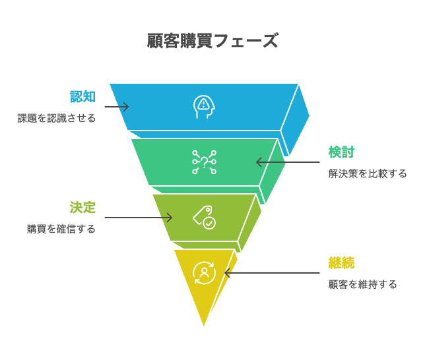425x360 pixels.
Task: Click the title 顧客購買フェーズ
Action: point(212,41)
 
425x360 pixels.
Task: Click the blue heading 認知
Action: point(83,97)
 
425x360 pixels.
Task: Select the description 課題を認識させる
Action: point(57,119)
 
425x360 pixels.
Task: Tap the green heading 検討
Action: point(341,152)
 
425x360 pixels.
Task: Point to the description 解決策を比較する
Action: point(368,174)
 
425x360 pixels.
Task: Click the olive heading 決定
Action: point(83,208)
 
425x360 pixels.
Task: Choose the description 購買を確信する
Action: point(61,229)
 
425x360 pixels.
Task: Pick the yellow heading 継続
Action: point(341,262)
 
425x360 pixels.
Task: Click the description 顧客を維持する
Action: point(363,285)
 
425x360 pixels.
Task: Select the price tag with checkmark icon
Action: point(204,218)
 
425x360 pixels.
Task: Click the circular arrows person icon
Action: point(204,272)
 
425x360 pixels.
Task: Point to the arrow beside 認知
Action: point(116,107)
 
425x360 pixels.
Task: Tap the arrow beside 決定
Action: point(138,218)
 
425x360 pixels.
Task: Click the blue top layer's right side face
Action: point(296,119)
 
